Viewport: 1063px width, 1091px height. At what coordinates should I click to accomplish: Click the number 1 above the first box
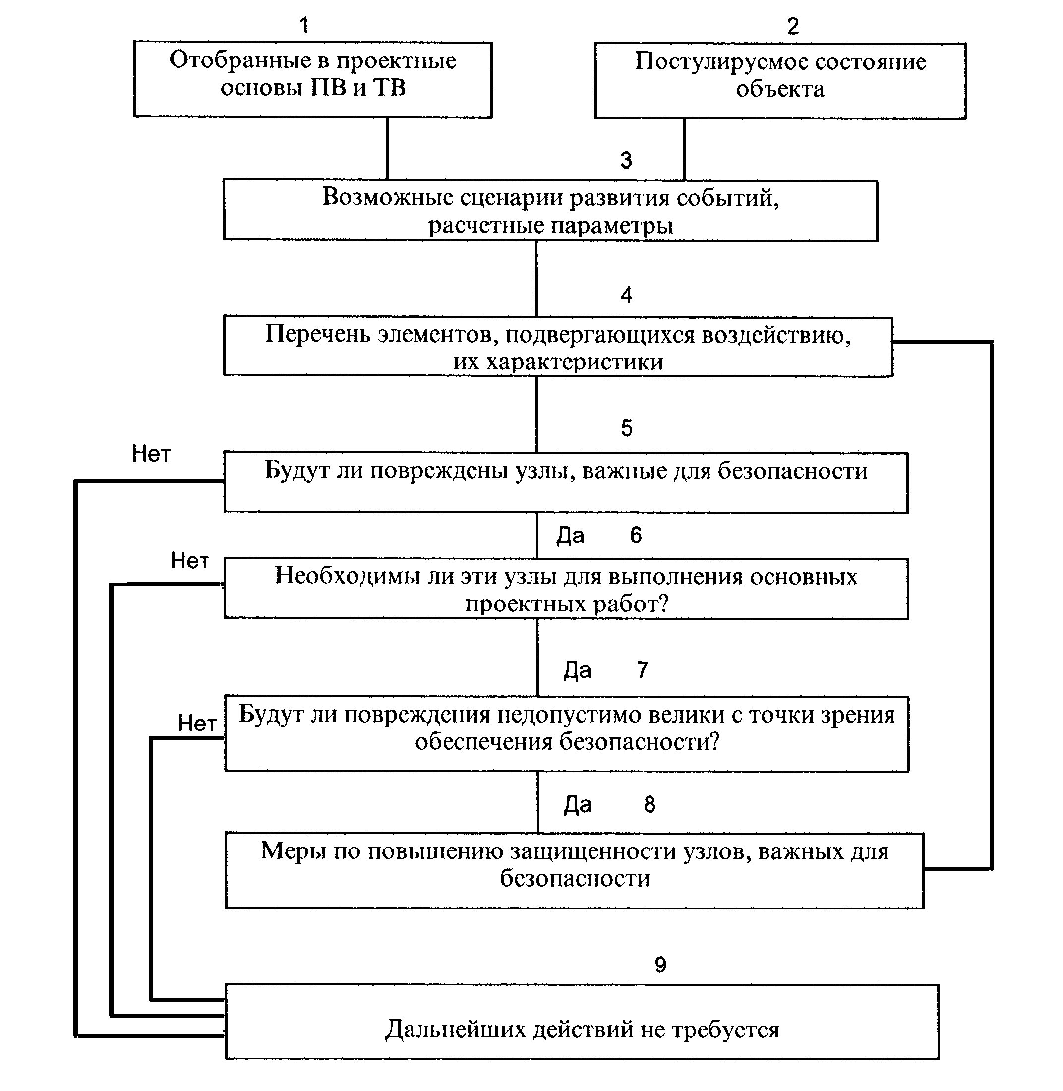coord(304,25)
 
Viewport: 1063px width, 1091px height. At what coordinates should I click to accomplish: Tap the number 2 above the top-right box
coord(793,26)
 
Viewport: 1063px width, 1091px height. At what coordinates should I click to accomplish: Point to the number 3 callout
coord(626,160)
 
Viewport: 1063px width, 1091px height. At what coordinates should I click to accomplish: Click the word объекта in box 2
coord(780,89)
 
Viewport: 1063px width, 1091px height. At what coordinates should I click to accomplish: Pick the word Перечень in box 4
coord(318,334)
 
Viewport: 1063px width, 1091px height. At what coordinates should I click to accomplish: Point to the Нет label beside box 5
coord(151,454)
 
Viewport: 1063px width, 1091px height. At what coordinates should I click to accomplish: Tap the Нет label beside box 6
coord(190,560)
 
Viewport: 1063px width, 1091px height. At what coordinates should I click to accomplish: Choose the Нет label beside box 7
coord(197,724)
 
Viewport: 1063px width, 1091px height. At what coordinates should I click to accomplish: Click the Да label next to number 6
coord(570,536)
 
